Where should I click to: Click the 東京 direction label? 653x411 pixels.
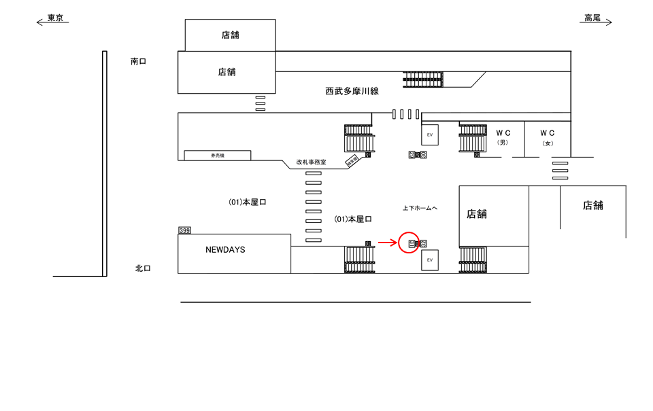(x=56, y=18)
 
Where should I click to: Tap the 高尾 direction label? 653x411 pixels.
(x=592, y=18)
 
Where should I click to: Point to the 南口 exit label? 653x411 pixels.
(x=139, y=61)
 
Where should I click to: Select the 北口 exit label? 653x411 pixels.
(x=143, y=268)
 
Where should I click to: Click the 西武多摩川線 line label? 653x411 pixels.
(x=352, y=90)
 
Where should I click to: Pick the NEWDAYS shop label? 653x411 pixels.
(x=225, y=250)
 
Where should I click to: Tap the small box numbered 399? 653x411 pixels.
(x=184, y=231)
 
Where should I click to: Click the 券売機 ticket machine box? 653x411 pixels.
(x=217, y=156)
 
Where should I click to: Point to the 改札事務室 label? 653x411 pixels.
(x=311, y=162)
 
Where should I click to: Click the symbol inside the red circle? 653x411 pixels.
(x=412, y=243)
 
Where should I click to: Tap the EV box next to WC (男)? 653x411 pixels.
(x=430, y=135)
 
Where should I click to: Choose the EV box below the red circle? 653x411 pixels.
(x=430, y=260)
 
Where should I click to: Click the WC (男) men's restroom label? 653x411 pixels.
(x=503, y=137)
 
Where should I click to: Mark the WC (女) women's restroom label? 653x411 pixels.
(x=548, y=137)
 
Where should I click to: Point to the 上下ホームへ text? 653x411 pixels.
(x=419, y=208)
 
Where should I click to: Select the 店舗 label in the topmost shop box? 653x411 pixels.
(x=230, y=35)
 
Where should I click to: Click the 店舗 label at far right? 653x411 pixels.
(x=592, y=205)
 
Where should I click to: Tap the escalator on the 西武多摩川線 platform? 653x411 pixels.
(x=424, y=79)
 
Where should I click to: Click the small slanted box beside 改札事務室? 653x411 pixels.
(x=352, y=162)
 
